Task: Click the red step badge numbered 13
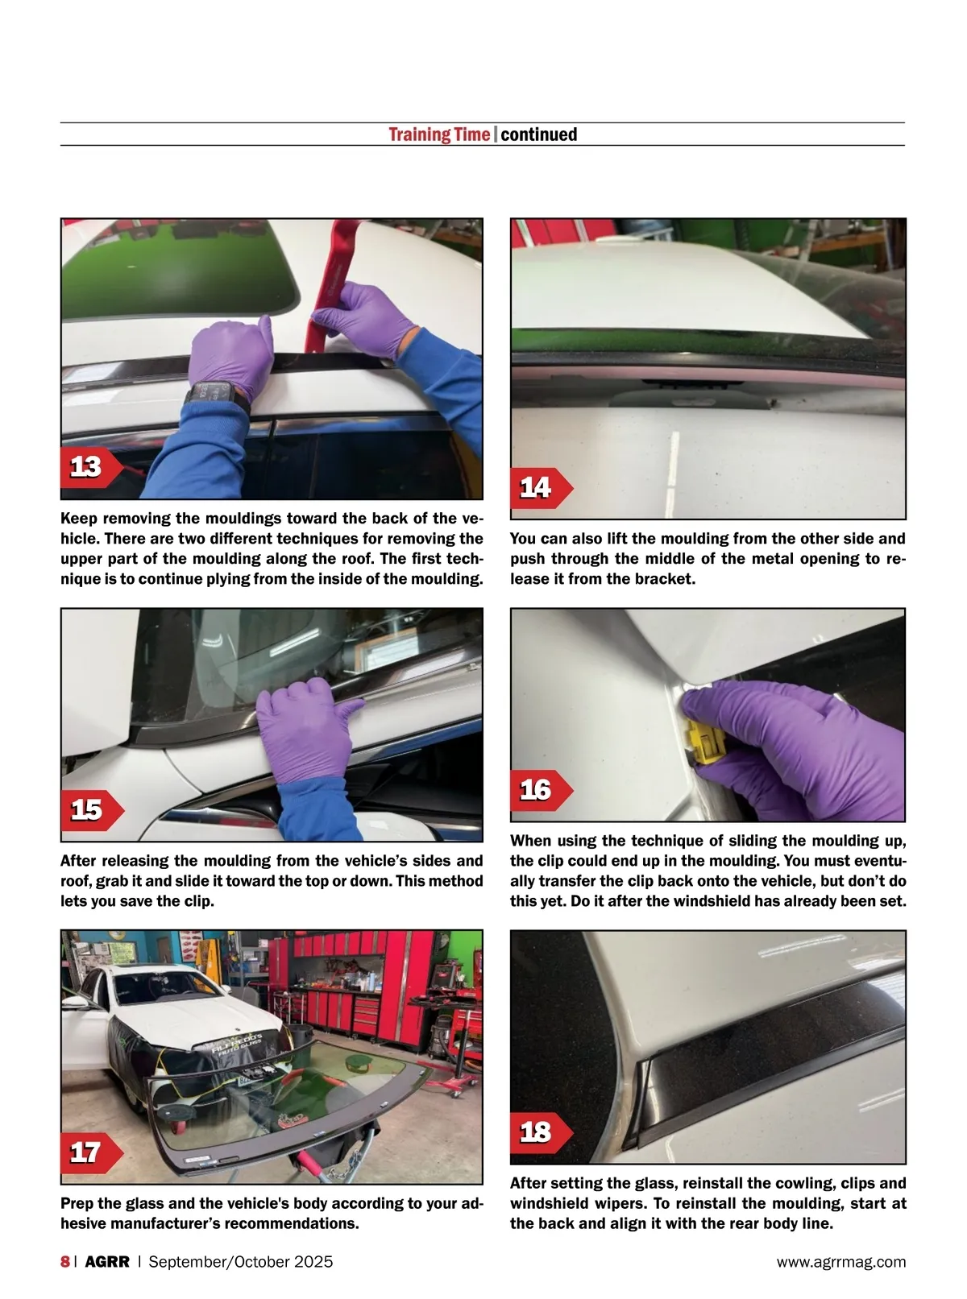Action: coord(91,467)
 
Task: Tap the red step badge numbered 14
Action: coord(541,488)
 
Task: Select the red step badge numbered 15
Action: coord(91,810)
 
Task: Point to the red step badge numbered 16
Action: coord(541,790)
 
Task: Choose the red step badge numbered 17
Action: coord(91,1153)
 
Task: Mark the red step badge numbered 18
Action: coord(541,1132)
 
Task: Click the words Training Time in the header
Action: coord(439,134)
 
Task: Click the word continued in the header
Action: coord(538,134)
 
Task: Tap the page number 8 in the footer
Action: coord(65,1261)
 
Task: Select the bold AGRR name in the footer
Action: coord(107,1261)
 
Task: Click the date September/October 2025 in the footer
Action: coord(240,1261)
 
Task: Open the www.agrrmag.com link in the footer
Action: coord(841,1262)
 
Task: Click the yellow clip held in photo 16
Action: coord(705,741)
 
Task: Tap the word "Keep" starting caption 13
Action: coord(78,519)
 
